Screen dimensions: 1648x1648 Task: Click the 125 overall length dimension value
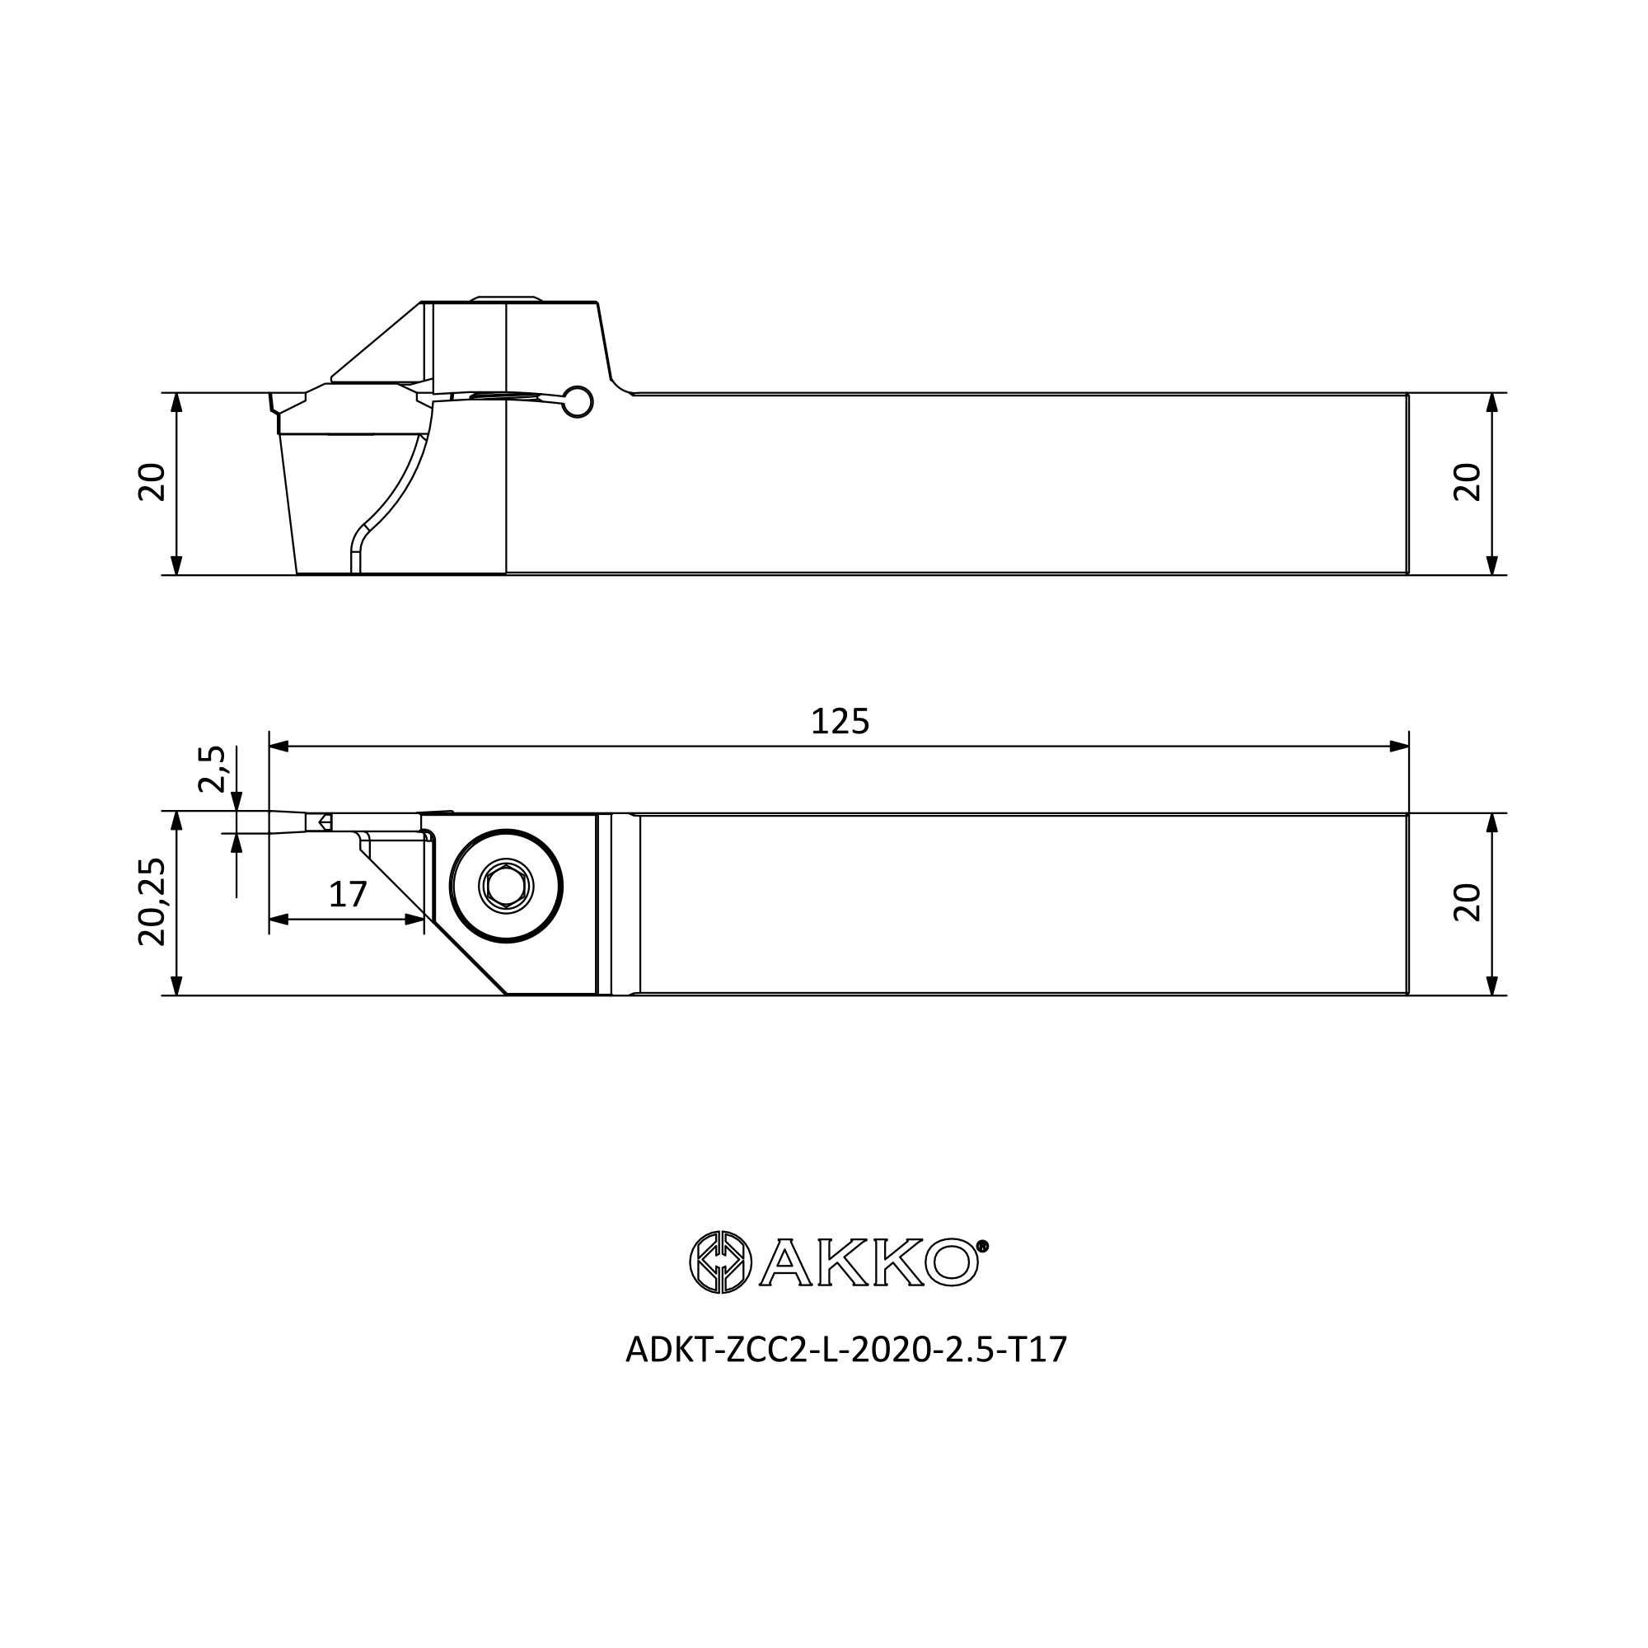click(840, 723)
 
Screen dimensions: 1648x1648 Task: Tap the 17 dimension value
click(348, 895)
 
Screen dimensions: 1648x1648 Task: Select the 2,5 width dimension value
click(212, 770)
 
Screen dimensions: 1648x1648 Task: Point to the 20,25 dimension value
click(152, 902)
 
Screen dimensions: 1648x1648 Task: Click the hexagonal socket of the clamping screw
click(507, 887)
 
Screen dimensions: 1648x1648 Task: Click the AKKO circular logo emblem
click(721, 1262)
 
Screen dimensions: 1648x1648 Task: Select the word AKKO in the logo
click(868, 1262)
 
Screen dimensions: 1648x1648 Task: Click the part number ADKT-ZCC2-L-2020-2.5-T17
click(846, 1351)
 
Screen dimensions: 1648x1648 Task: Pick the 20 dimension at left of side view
click(152, 483)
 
